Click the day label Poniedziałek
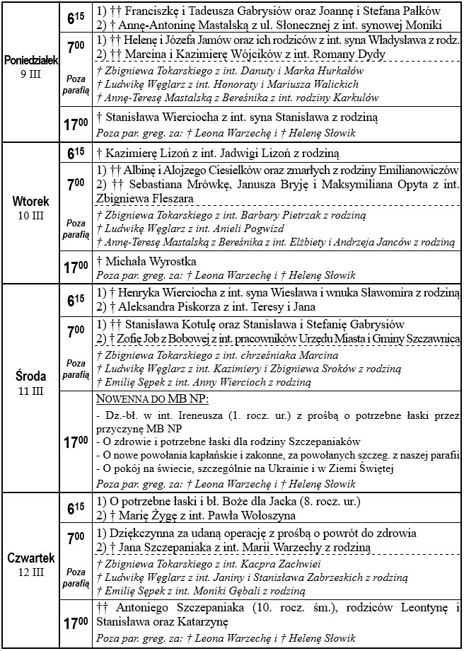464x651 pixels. coord(30,59)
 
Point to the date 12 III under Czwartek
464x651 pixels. coord(30,571)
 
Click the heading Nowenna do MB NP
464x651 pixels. coord(145,399)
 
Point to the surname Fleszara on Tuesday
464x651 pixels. coord(166,198)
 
